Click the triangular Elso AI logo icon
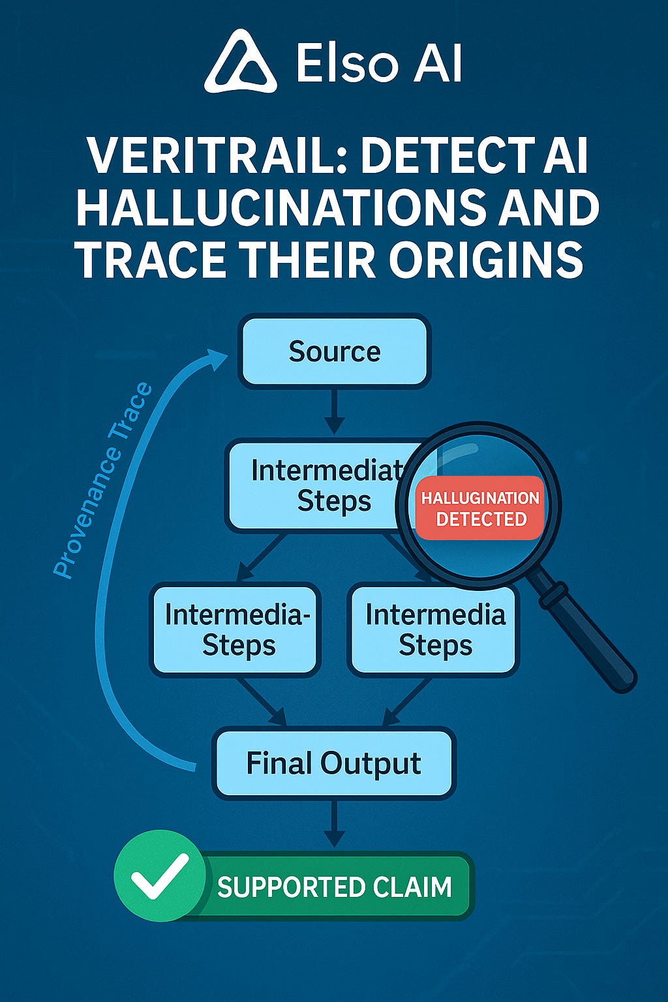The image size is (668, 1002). [x=240, y=63]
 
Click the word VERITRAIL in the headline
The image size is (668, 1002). [x=217, y=157]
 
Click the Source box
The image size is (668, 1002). [x=334, y=352]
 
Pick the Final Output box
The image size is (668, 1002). [x=334, y=763]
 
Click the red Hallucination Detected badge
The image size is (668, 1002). [x=480, y=508]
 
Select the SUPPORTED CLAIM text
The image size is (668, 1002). [x=334, y=887]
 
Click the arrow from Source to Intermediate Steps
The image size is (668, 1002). [x=334, y=411]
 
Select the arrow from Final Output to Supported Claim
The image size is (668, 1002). [x=334, y=823]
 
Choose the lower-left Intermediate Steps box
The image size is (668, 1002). [x=235, y=630]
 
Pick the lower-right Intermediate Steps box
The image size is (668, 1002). [x=434, y=630]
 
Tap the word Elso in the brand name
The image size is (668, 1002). [x=346, y=64]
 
